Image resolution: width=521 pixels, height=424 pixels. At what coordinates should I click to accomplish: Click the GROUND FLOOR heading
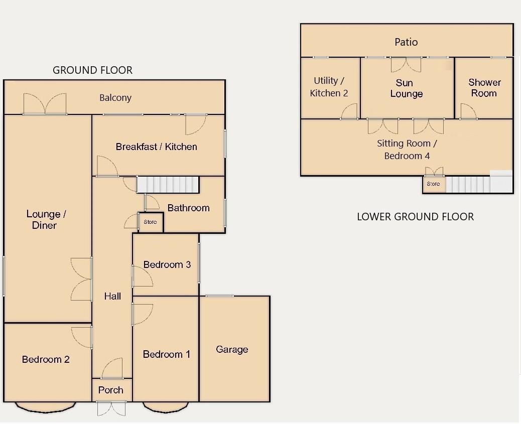tap(93, 70)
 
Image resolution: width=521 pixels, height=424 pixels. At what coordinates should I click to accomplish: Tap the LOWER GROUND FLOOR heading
tap(415, 217)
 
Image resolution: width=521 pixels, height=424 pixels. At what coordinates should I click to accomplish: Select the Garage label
tap(232, 349)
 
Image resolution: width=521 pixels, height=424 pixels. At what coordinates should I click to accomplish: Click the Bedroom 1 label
tap(167, 354)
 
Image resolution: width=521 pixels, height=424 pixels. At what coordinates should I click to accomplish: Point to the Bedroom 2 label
tap(46, 359)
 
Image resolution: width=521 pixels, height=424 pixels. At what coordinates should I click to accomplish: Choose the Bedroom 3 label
tap(167, 264)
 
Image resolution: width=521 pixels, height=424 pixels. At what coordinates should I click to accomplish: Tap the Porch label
tap(111, 390)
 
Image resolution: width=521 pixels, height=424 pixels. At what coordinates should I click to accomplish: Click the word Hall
tap(112, 296)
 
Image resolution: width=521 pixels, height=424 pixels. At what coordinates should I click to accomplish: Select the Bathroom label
tap(188, 208)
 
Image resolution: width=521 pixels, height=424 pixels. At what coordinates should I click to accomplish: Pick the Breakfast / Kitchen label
tap(156, 147)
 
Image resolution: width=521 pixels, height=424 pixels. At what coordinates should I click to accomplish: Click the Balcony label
tap(115, 98)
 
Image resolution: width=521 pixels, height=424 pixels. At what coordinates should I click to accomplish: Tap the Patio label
tap(406, 42)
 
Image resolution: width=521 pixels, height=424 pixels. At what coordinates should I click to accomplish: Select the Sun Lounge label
tap(406, 88)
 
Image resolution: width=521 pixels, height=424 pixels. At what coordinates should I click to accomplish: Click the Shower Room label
tap(484, 88)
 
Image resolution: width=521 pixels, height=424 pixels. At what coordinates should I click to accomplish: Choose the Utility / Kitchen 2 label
tap(329, 87)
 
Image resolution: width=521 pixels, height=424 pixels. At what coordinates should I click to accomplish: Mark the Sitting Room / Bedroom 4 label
tap(407, 150)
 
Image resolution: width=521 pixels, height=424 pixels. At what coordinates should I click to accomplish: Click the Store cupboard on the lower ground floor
tap(433, 184)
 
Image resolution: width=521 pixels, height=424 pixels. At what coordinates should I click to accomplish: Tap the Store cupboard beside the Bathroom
tap(150, 222)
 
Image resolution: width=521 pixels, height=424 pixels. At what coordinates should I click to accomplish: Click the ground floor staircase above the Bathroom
tap(168, 184)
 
